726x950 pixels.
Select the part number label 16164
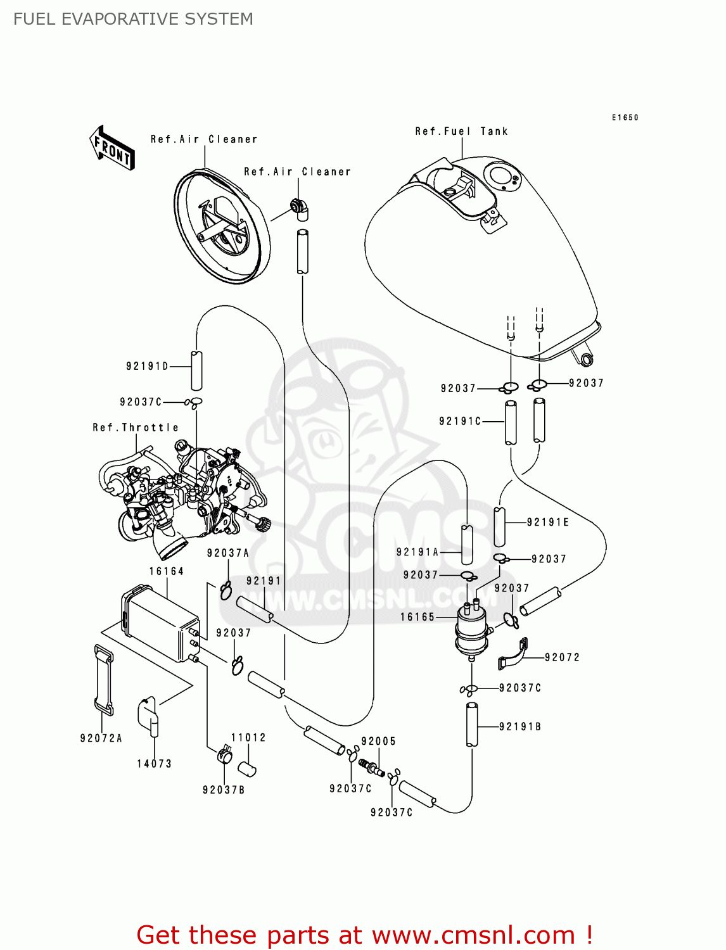pyautogui.click(x=167, y=571)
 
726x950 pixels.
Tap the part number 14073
pyautogui.click(x=155, y=764)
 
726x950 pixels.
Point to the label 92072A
pyautogui.click(x=101, y=738)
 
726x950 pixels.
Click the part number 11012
pyautogui.click(x=248, y=738)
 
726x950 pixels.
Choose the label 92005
pyautogui.click(x=378, y=742)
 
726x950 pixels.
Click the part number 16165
pyautogui.click(x=417, y=617)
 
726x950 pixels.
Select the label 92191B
pyautogui.click(x=520, y=727)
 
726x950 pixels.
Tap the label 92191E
pyautogui.click(x=548, y=522)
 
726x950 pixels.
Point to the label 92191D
pyautogui.click(x=148, y=367)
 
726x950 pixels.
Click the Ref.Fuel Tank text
pyautogui.click(x=461, y=132)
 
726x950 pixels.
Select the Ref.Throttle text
pyautogui.click(x=136, y=428)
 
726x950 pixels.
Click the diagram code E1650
pyautogui.click(x=625, y=118)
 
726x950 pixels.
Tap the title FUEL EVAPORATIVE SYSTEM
pyautogui.click(x=133, y=19)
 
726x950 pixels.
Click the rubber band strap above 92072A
pyautogui.click(x=103, y=680)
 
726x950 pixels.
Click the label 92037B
pyautogui.click(x=224, y=790)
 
